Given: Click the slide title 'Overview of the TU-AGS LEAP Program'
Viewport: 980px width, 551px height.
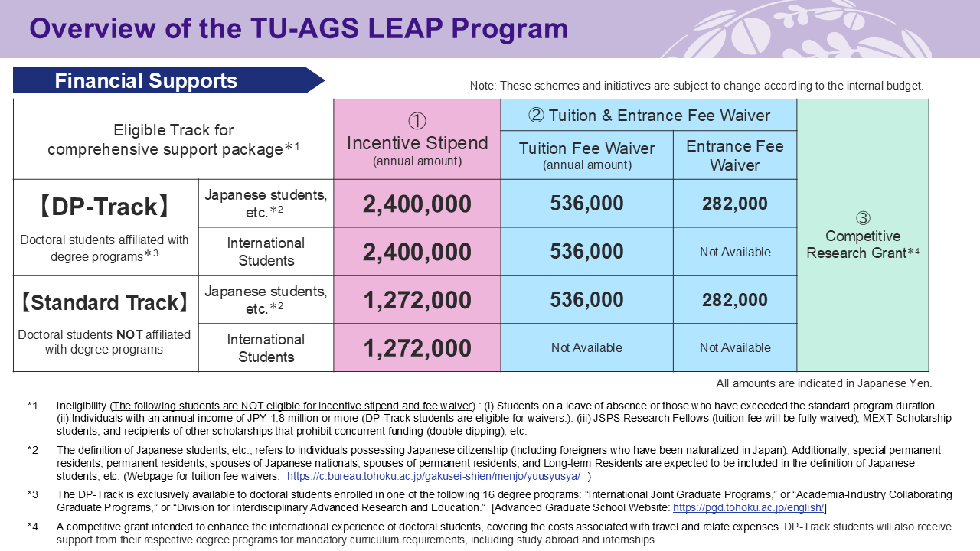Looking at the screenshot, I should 299,29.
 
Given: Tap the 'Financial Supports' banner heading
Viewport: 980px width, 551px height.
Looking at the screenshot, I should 145,81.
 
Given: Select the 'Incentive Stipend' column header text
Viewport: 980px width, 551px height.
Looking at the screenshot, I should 417,143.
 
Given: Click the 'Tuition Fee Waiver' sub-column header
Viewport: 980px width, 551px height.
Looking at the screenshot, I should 586,148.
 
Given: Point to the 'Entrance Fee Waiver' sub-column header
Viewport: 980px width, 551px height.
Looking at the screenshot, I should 734,155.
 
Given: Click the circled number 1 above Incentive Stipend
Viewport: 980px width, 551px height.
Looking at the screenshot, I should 416,122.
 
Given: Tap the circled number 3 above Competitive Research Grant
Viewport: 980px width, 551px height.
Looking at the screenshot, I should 862,218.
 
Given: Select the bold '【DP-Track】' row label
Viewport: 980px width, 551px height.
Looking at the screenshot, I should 105,206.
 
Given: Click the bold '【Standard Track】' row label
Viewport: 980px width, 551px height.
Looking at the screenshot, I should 105,302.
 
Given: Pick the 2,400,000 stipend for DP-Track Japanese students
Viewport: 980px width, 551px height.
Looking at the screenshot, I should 417,204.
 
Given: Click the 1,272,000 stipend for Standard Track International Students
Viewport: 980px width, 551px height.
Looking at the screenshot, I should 417,348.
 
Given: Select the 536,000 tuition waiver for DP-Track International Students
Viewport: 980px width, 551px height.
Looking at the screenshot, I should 586,252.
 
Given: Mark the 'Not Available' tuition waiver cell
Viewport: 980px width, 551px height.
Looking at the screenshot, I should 586,348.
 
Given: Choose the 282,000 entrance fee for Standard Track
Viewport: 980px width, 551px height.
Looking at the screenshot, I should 734,300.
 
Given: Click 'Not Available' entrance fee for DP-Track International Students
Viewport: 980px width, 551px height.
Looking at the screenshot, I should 734,252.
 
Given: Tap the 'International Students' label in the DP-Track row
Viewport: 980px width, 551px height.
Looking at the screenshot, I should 266,252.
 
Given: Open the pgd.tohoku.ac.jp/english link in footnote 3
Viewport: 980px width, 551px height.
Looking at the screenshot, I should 748,508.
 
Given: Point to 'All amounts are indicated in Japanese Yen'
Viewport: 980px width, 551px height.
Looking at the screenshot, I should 824,383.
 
